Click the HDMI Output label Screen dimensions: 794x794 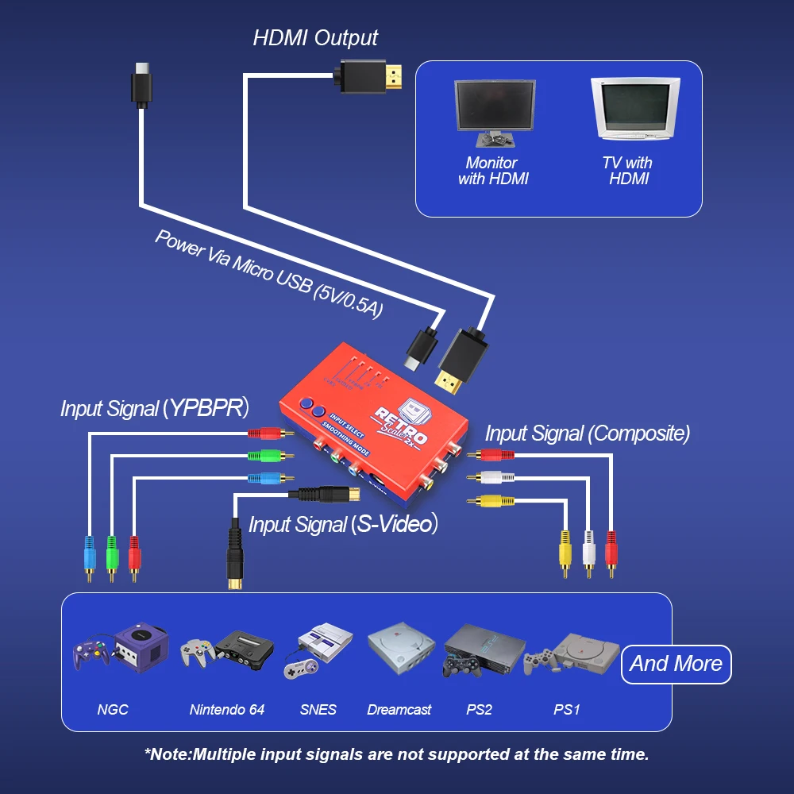(315, 37)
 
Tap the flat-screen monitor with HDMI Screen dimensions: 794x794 (494, 111)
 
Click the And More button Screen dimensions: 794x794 (676, 664)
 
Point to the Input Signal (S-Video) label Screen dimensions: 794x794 (343, 524)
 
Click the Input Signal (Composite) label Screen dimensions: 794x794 (587, 434)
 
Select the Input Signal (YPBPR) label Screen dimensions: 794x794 (155, 409)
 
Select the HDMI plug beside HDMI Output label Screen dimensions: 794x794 (372, 77)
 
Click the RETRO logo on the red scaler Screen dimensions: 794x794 (401, 425)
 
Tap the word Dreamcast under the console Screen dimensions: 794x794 (399, 710)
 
